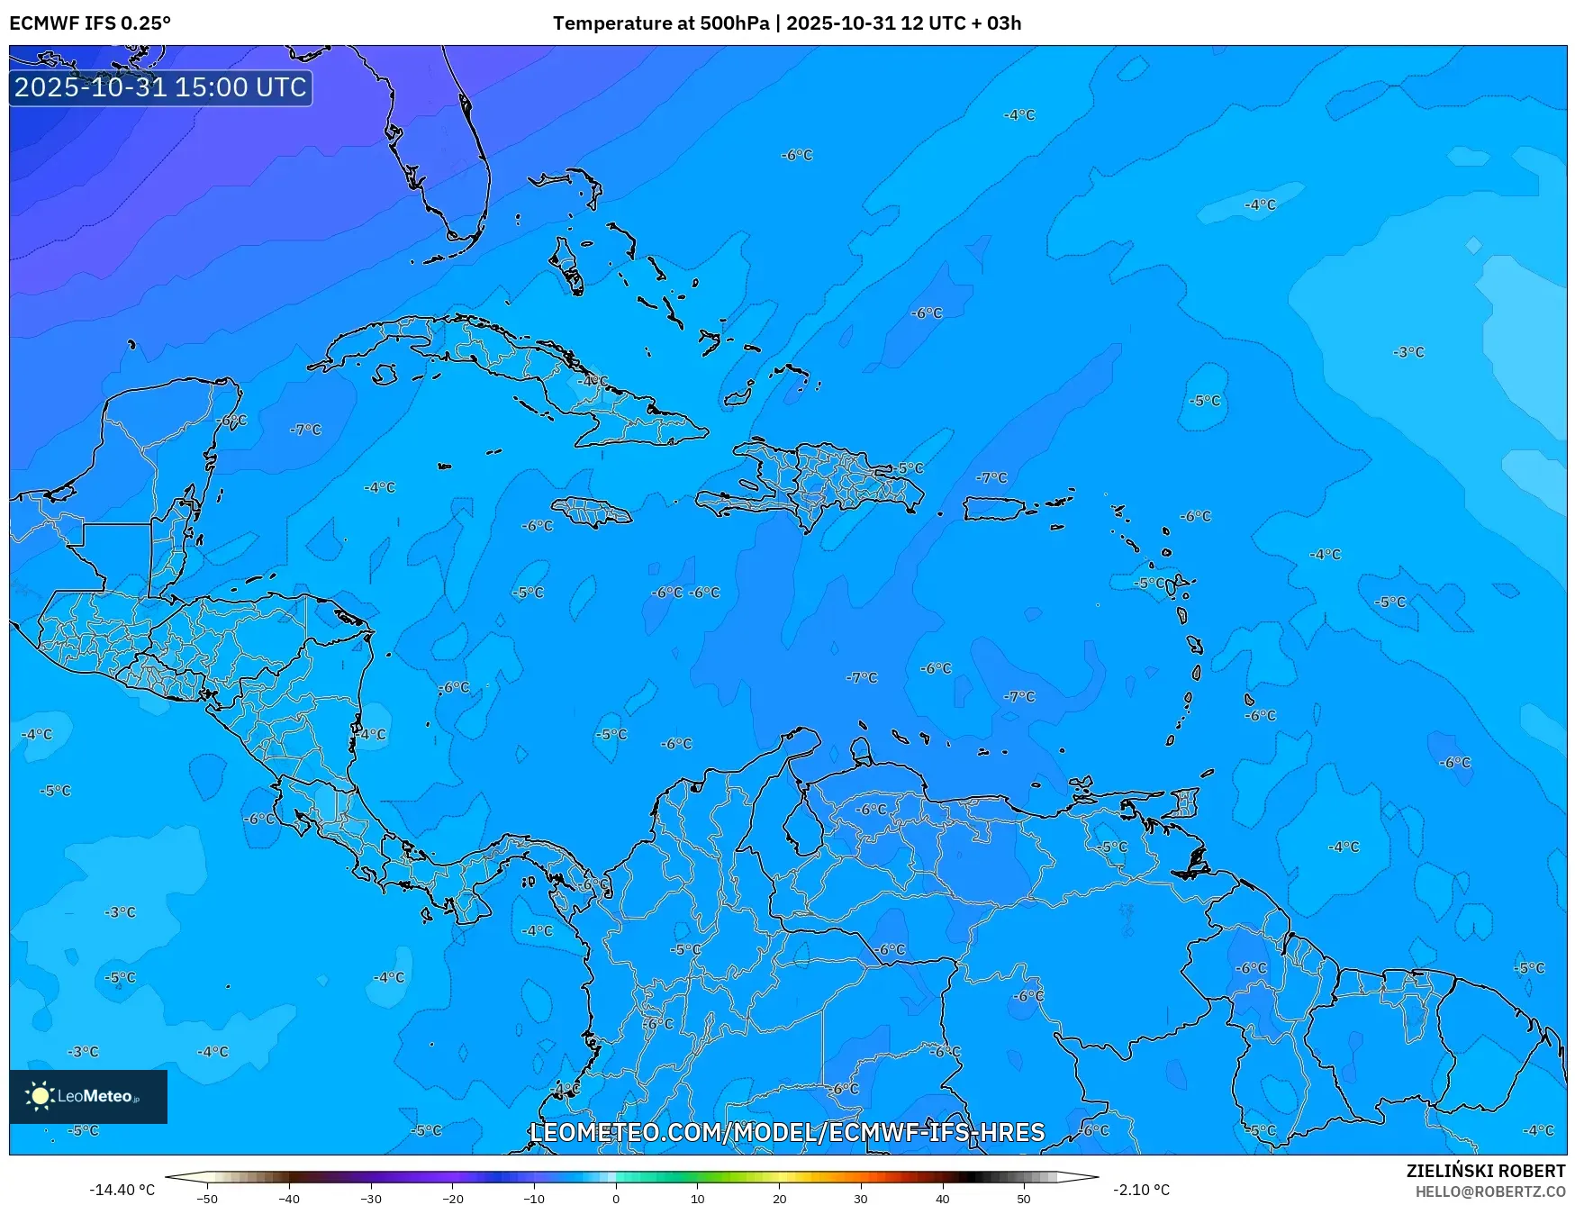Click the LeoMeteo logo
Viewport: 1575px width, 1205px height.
point(87,1096)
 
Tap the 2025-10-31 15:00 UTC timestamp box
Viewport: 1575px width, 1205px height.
point(160,87)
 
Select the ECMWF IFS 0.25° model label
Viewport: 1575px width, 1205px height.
point(90,23)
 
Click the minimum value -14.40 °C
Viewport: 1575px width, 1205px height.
point(122,1190)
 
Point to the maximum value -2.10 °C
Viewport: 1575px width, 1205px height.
point(1141,1190)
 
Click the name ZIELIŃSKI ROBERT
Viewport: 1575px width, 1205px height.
point(1485,1171)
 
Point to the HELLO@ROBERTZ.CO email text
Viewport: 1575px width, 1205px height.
point(1489,1191)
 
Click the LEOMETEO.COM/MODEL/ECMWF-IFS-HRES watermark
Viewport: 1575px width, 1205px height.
point(787,1132)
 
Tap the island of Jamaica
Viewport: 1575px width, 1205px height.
point(592,512)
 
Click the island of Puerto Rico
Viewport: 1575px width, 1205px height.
point(994,509)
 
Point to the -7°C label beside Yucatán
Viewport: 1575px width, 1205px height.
point(305,430)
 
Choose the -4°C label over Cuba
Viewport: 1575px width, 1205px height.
point(593,381)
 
